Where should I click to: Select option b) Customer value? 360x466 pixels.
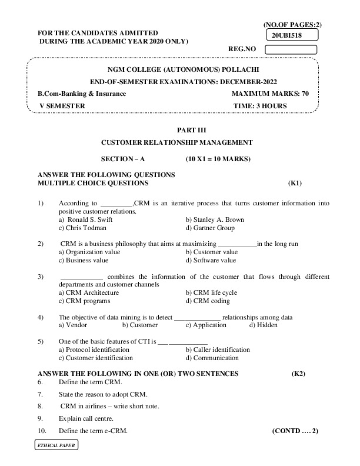tap(212, 252)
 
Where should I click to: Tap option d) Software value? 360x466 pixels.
tap(211, 260)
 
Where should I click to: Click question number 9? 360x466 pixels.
tap(39, 418)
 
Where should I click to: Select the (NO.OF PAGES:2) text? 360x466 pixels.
tap(292, 24)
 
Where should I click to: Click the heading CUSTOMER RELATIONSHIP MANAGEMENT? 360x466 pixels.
tap(177, 142)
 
